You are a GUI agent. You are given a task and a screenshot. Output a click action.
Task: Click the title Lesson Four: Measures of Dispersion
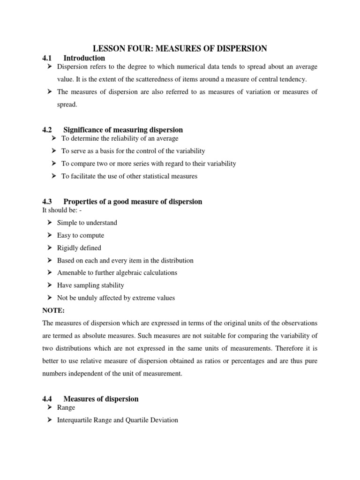pos(180,48)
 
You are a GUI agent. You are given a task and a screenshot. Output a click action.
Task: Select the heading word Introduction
pos(84,58)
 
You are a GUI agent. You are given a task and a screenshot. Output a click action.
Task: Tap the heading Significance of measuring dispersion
pos(123,130)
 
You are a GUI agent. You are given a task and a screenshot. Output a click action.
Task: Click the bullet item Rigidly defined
pos(79,248)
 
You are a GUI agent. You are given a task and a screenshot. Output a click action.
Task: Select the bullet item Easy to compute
pos(80,235)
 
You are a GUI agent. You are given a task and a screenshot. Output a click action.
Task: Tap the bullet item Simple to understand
pos(87,223)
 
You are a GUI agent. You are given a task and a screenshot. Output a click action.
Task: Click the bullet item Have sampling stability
pos(90,285)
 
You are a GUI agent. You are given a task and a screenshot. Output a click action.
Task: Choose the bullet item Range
pos(66,408)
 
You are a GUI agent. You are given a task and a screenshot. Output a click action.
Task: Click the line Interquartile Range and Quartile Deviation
pos(117,420)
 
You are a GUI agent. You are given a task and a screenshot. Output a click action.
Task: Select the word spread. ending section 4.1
pos(67,105)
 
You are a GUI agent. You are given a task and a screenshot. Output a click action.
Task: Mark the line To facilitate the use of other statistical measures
pos(129,176)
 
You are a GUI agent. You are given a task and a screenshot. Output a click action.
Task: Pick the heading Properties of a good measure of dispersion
pos(133,202)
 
